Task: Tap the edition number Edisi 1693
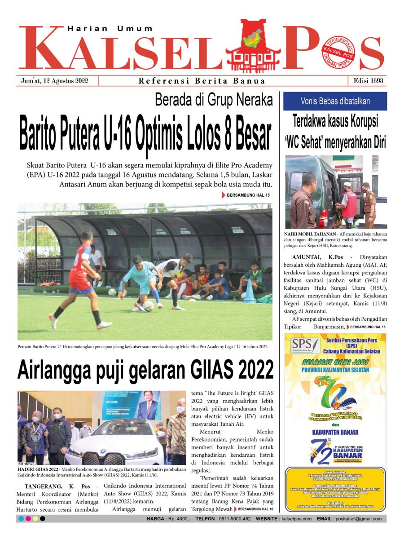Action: click(x=368, y=81)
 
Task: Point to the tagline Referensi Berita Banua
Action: click(x=202, y=81)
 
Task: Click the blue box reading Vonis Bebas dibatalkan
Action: click(x=335, y=101)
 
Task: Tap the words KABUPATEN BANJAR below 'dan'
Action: click(x=335, y=432)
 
